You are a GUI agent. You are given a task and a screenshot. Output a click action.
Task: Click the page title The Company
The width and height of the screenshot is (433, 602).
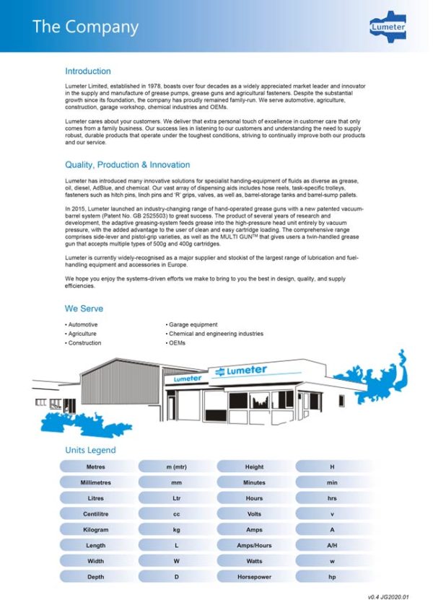(x=85, y=27)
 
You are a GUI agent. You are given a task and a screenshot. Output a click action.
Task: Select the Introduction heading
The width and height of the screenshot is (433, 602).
(x=88, y=71)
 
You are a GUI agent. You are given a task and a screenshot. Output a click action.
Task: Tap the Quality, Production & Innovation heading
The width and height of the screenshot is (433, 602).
(x=128, y=164)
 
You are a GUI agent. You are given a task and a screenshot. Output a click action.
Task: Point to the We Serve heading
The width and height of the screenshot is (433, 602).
(x=84, y=309)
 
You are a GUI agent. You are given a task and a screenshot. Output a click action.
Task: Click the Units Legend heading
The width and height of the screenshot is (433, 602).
(x=90, y=450)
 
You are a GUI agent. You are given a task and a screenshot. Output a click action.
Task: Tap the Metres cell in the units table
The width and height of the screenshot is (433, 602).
(x=95, y=467)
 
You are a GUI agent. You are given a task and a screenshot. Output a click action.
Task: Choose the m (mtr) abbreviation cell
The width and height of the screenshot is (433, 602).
(x=175, y=467)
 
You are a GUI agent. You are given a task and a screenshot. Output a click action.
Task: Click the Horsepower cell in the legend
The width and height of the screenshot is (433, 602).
(x=254, y=577)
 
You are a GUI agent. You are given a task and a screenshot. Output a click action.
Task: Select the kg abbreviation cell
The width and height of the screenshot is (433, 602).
(x=175, y=530)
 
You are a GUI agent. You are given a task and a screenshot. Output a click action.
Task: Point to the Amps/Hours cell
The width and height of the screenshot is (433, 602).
(x=254, y=546)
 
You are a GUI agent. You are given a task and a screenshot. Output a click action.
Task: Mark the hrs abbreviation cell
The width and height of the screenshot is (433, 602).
(x=333, y=498)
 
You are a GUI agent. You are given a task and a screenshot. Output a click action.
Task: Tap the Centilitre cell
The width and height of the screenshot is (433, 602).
(x=95, y=514)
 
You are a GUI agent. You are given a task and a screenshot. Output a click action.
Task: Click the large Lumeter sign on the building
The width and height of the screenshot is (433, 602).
(x=242, y=371)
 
